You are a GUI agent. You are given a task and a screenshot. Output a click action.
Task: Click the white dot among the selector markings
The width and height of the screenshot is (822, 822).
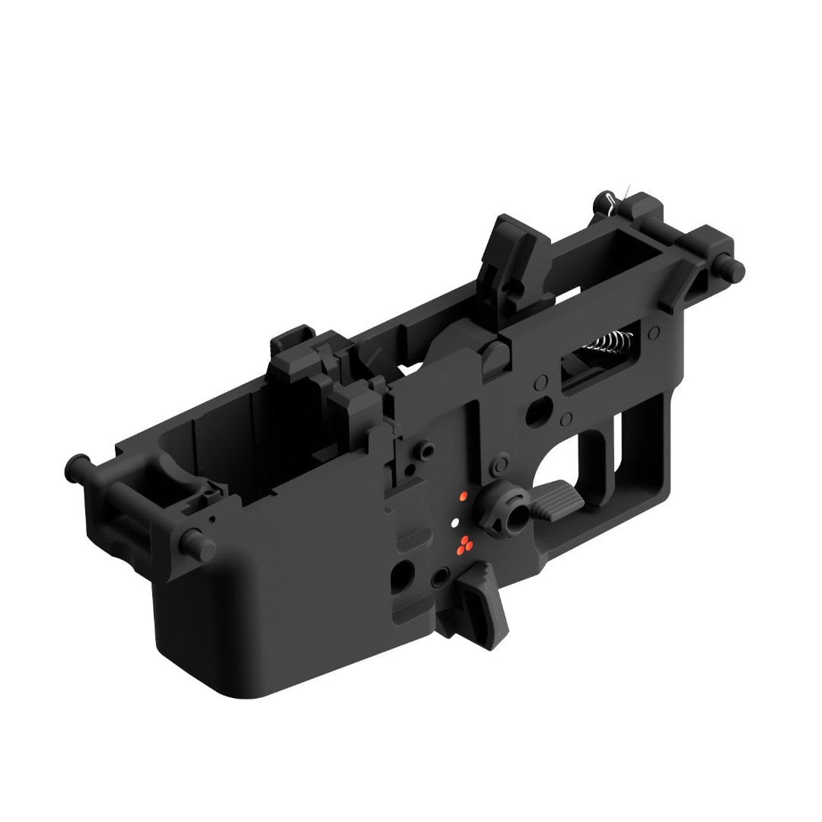454,523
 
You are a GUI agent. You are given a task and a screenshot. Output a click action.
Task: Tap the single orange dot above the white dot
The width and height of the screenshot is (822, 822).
461,496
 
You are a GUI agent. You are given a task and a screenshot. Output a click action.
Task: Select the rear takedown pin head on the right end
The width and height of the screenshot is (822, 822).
735,269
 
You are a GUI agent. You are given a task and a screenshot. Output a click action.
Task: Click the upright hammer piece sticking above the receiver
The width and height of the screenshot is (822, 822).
518,259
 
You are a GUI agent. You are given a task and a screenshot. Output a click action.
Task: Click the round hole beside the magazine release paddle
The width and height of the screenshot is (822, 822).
439,579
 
